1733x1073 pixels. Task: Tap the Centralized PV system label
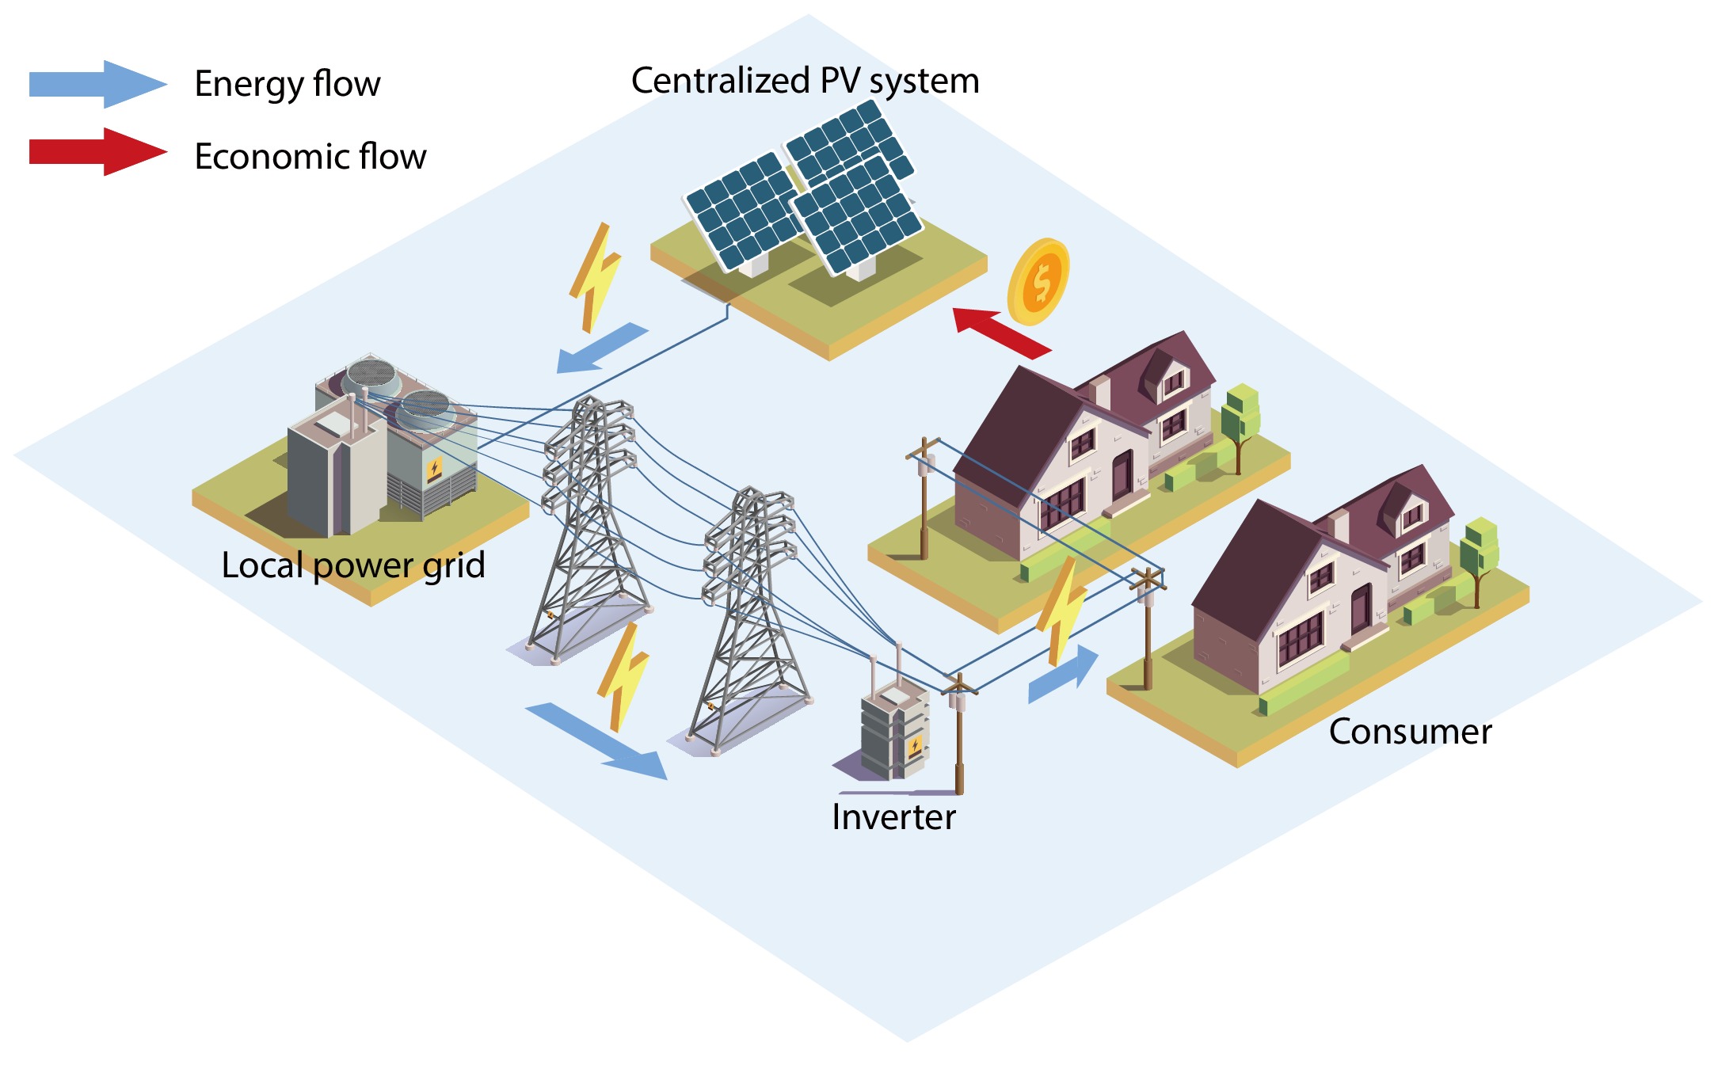click(805, 81)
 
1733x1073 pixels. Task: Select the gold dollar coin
click(1039, 282)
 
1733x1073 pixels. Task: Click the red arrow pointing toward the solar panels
click(1000, 332)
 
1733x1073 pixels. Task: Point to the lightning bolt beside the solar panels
click(595, 276)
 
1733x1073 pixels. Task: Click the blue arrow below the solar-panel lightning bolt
click(601, 348)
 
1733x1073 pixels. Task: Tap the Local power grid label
click(353, 565)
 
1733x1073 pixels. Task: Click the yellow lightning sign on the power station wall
click(434, 470)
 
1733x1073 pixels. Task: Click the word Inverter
click(893, 817)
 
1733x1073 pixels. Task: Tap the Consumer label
click(1410, 732)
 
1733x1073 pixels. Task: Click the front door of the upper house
click(1122, 475)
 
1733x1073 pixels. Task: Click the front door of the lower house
click(1361, 608)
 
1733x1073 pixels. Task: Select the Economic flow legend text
click(310, 156)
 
